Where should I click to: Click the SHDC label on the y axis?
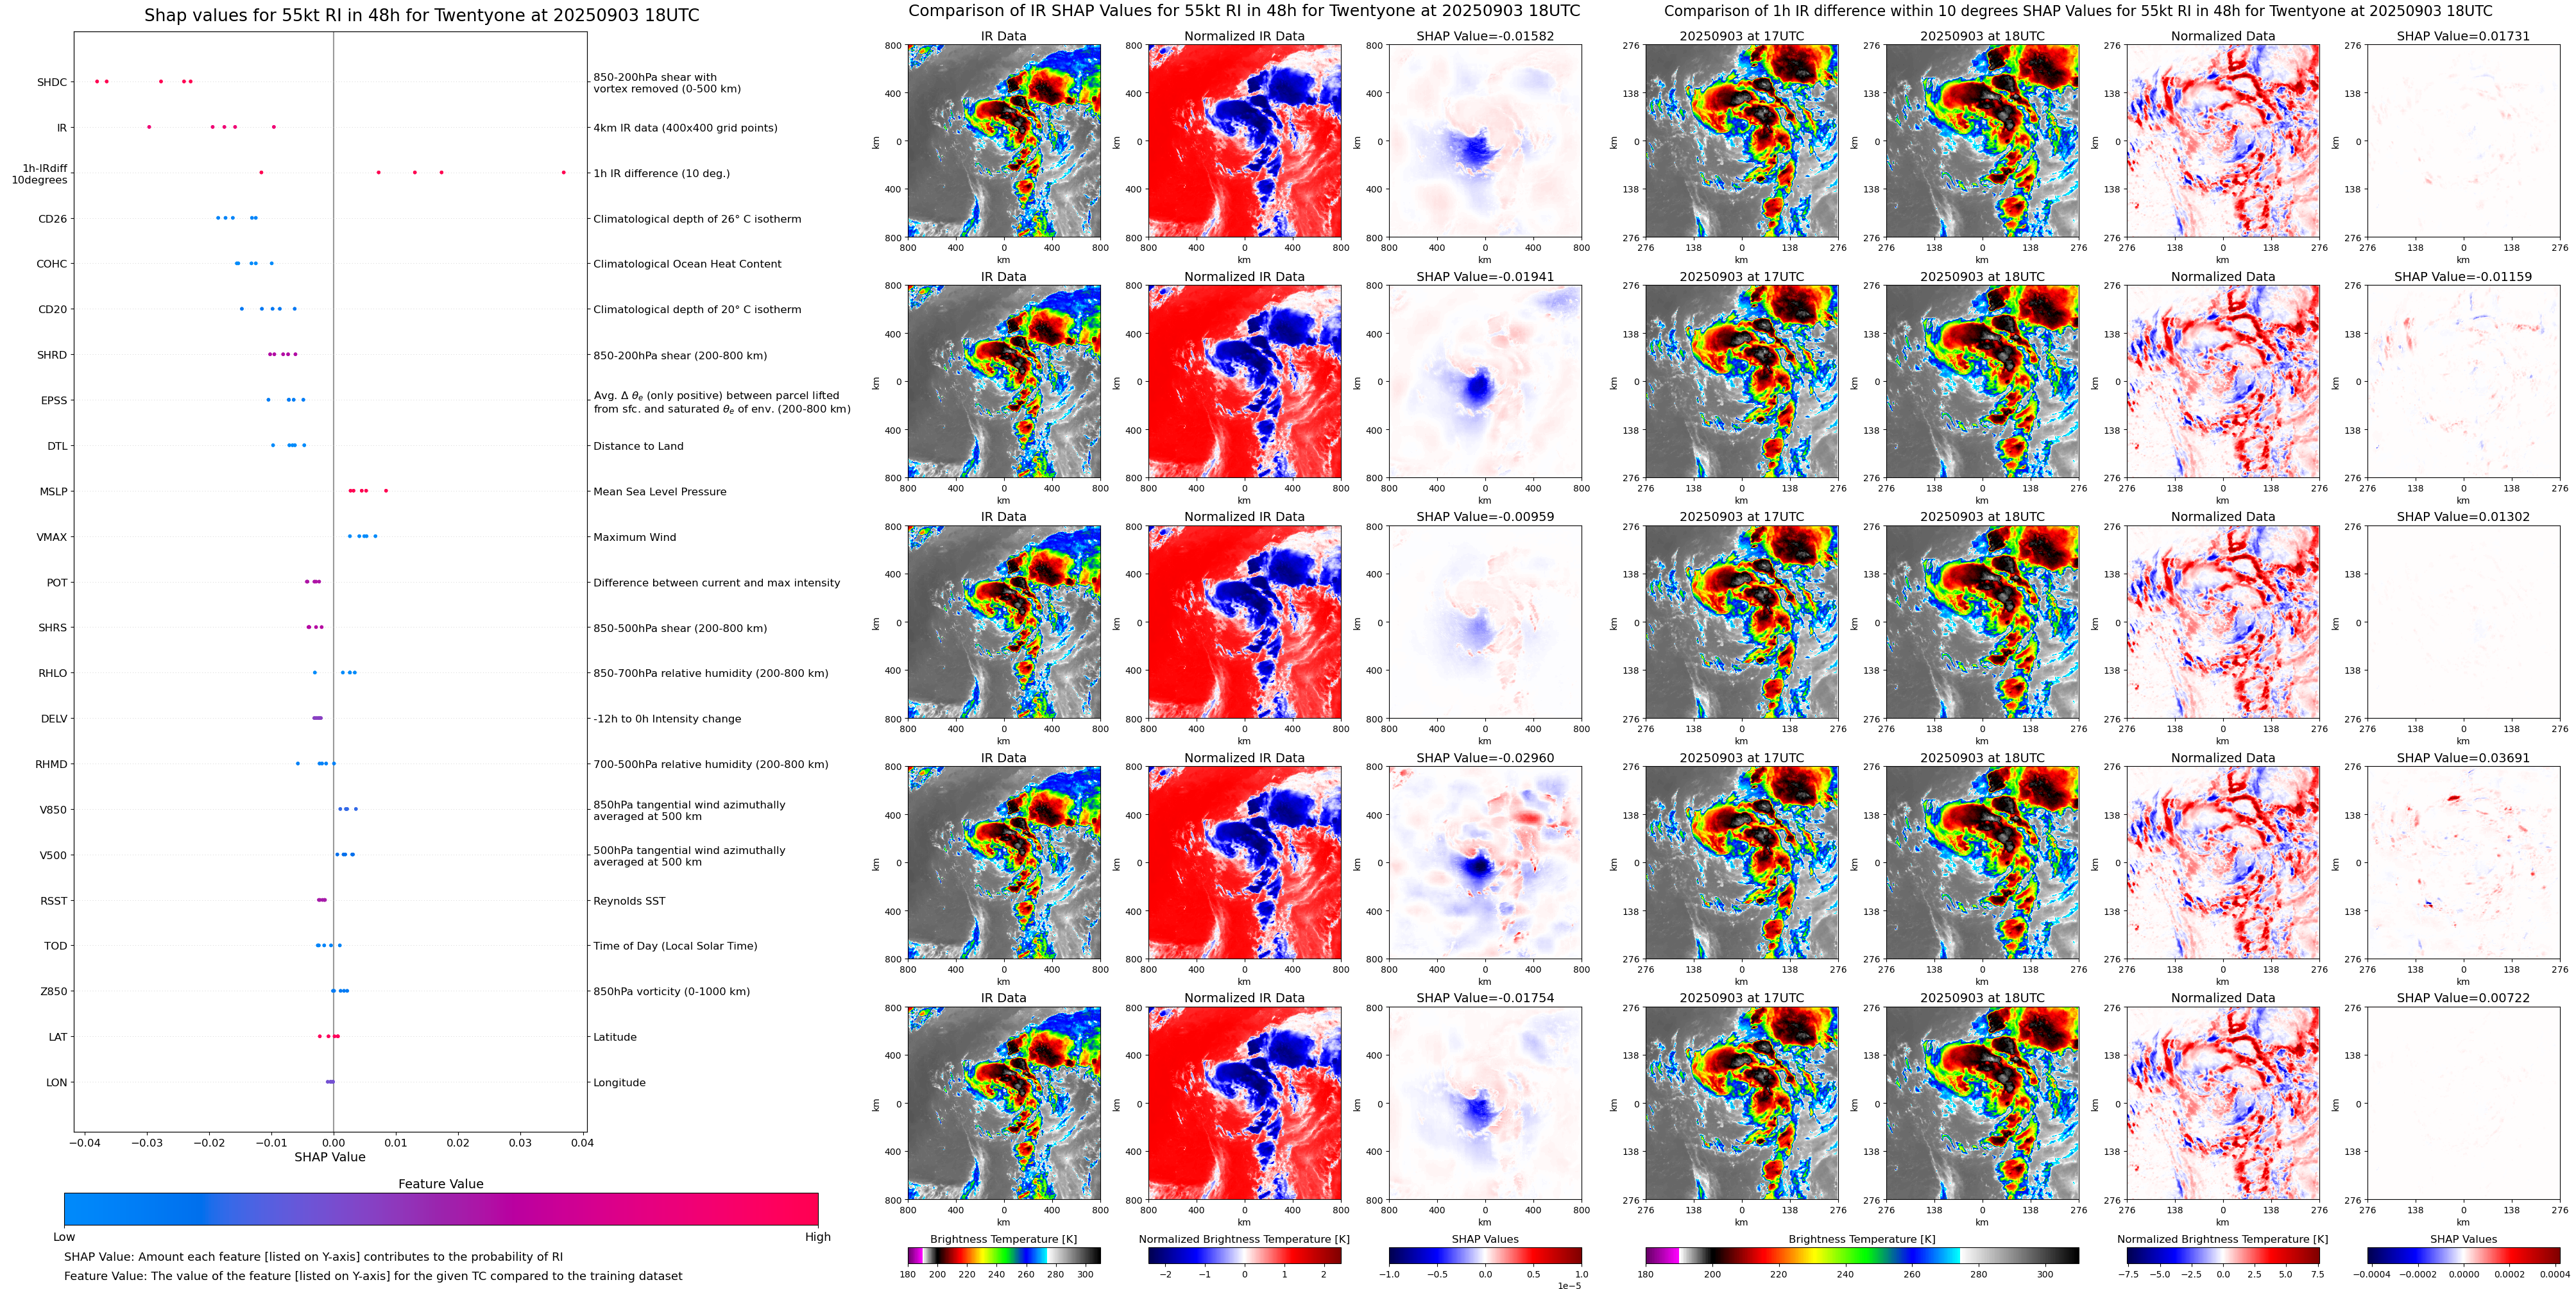[x=52, y=82]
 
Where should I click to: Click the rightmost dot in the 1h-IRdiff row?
[x=563, y=172]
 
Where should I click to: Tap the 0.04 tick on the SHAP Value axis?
[x=582, y=1142]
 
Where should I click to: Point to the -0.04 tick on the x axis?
[x=84, y=1142]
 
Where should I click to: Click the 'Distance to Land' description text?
[x=638, y=446]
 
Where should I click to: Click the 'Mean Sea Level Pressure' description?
[x=659, y=492]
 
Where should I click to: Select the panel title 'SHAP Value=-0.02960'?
[x=1485, y=758]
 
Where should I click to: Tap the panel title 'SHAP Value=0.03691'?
[x=2463, y=758]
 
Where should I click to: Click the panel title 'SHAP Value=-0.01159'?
[x=2463, y=277]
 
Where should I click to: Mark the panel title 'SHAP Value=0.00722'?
[x=2463, y=998]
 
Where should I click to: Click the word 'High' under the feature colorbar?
[x=817, y=1237]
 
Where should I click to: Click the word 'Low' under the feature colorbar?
[x=64, y=1237]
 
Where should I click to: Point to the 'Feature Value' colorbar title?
[x=440, y=1184]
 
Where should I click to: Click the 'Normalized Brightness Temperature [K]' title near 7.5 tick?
[x=2222, y=1239]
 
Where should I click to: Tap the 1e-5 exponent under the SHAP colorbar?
[x=1569, y=1285]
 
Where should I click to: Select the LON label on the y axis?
[x=56, y=1082]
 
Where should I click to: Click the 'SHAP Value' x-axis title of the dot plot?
[x=329, y=1157]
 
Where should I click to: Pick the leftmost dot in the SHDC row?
[x=96, y=81]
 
